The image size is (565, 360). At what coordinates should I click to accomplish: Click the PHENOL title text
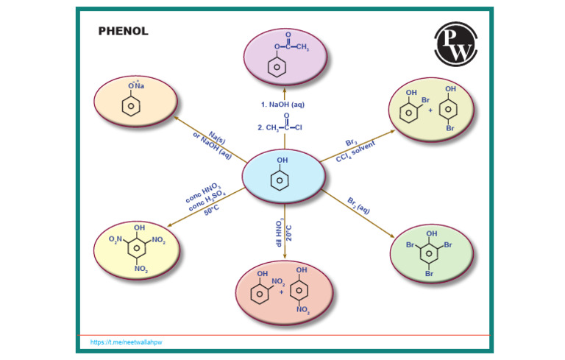[x=124, y=31]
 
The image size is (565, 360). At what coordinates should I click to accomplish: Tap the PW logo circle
[x=456, y=44]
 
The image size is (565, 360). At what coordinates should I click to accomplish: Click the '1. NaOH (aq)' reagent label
[x=284, y=105]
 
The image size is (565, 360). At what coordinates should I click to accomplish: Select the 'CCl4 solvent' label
[x=356, y=151]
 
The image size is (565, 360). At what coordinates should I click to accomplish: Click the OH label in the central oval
[x=282, y=160]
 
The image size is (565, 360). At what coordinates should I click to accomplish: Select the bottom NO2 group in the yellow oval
[x=141, y=270]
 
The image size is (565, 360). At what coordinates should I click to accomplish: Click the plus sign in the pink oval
[x=280, y=292]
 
